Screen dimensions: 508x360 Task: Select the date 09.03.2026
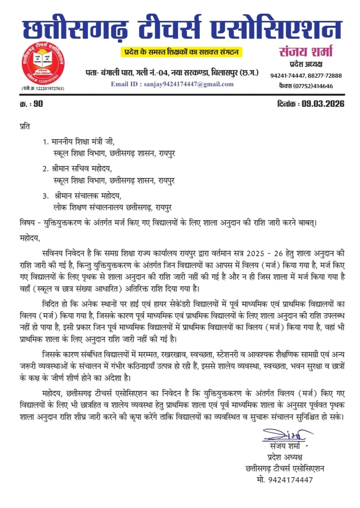tap(323, 104)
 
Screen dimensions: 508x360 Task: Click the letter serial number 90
tap(38, 104)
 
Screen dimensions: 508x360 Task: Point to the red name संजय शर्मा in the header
tap(306, 52)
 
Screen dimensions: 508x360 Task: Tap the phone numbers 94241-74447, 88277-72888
tap(306, 75)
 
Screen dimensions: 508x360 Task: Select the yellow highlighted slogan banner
tap(181, 52)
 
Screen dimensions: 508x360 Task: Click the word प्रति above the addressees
tap(25, 126)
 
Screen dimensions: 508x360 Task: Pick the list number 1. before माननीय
tap(46, 142)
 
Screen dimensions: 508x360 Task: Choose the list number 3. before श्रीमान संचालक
tap(46, 196)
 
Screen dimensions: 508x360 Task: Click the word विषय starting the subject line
tap(27, 223)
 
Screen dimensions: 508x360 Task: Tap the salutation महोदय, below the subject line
tap(30, 238)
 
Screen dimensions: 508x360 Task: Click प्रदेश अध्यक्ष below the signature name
tap(285, 457)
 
